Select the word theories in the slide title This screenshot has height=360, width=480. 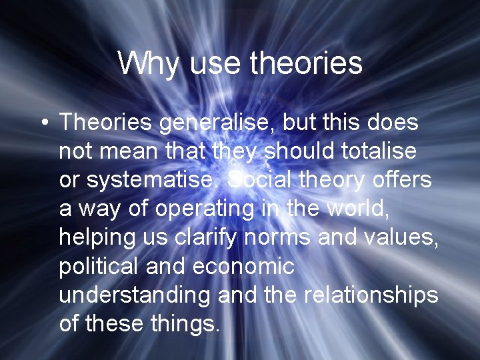[307, 63]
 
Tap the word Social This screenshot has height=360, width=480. [260, 180]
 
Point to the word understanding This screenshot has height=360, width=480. [135, 295]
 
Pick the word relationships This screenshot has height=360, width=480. [371, 295]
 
